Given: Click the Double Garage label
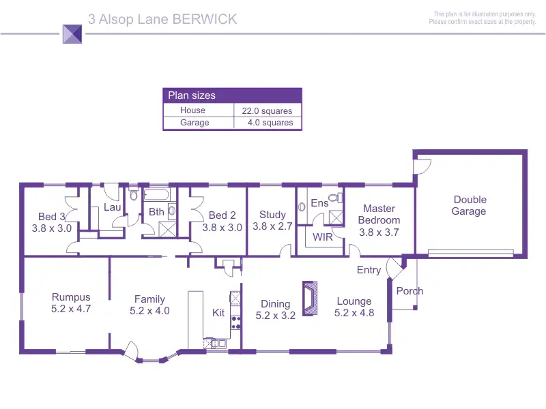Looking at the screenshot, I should (470, 205).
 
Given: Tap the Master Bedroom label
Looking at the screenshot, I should (379, 214).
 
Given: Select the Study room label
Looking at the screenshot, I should (272, 215).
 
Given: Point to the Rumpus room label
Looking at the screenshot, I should (71, 297).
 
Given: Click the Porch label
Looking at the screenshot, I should (409, 291).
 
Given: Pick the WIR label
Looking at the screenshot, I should (322, 237).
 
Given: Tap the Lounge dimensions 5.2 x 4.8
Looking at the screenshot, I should (354, 314).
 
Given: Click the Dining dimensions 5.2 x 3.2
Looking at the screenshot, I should (275, 316).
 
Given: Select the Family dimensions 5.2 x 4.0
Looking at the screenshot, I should (149, 311).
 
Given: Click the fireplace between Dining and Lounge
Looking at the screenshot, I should (311, 298).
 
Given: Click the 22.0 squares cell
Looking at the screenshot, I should (267, 110).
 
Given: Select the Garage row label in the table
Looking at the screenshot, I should (195, 123).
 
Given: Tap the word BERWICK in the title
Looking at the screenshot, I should (205, 19).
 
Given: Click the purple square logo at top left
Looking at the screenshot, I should (72, 33).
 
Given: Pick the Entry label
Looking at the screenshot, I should (369, 270).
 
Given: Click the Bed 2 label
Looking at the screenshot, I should (222, 215).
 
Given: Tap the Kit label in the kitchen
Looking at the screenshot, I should (218, 313).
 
